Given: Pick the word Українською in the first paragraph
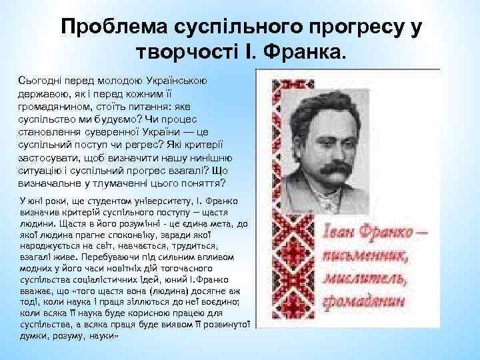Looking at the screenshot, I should (x=176, y=80).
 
